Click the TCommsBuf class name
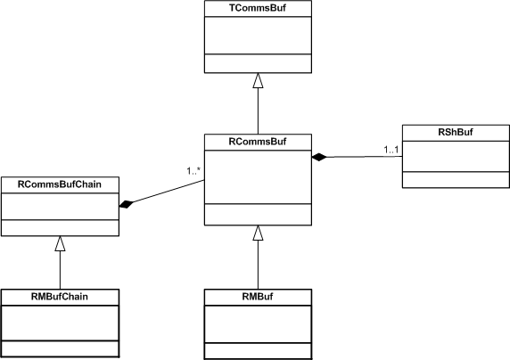click(x=258, y=8)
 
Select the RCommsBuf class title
click(x=258, y=142)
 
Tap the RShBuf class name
click(x=456, y=132)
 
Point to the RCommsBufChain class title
click(x=60, y=184)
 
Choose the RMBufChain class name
click(x=60, y=296)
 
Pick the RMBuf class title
click(x=258, y=296)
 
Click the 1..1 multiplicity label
click(x=391, y=150)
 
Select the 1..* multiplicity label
click(x=193, y=171)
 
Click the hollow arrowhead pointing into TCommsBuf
click(x=258, y=80)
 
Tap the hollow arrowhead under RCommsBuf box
click(x=258, y=233)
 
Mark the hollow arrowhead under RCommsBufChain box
click(x=60, y=243)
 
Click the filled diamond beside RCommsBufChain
click(x=127, y=205)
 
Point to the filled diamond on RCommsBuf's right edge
click(x=319, y=157)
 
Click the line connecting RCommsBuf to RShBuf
click(x=365, y=157)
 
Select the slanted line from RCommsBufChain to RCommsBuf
click(x=169, y=192)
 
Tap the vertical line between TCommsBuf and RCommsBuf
click(x=258, y=110)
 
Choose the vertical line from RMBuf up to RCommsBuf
click(x=258, y=265)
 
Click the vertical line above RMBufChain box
click(x=60, y=270)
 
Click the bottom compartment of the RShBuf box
click(x=456, y=180)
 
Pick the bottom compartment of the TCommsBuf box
click(x=258, y=63)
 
